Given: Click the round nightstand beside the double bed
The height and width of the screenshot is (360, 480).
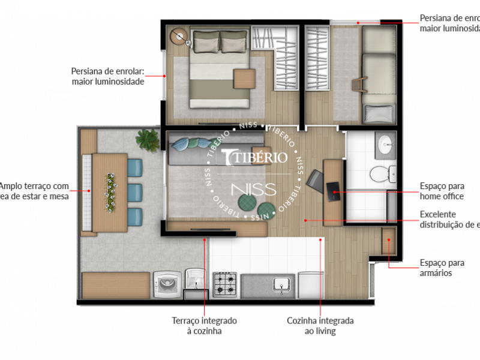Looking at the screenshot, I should click(179, 37).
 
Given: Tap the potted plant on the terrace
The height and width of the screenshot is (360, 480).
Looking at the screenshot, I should click(147, 140).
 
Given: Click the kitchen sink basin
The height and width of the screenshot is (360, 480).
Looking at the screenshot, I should click(280, 284).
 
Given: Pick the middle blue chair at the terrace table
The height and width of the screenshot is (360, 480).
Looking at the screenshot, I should click(134, 192).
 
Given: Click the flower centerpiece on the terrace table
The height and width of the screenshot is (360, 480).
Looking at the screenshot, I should click(110, 191).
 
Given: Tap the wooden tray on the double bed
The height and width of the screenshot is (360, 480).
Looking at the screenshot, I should click(245, 79).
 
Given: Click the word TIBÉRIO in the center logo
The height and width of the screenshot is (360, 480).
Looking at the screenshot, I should click(255, 157).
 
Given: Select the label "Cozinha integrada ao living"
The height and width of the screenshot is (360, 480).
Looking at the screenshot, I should click(320, 326).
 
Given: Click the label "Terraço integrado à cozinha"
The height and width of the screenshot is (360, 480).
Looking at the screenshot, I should click(203, 326).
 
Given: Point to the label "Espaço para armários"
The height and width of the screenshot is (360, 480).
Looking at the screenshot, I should click(442, 268).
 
